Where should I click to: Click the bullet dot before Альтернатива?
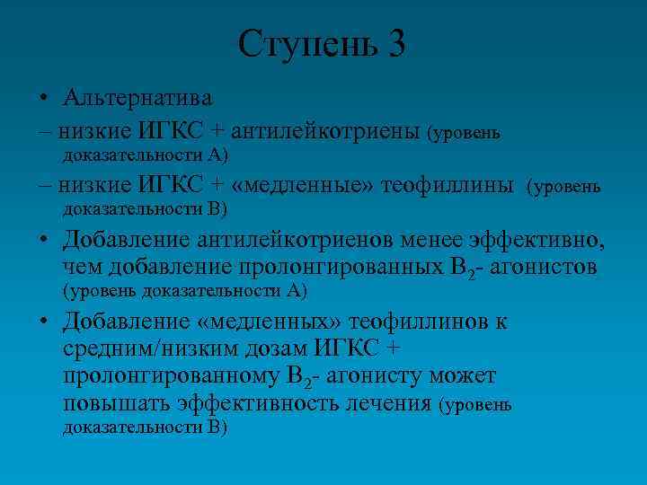(43, 97)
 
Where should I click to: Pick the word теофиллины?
(448, 186)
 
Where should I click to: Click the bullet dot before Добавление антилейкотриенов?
(43, 240)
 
